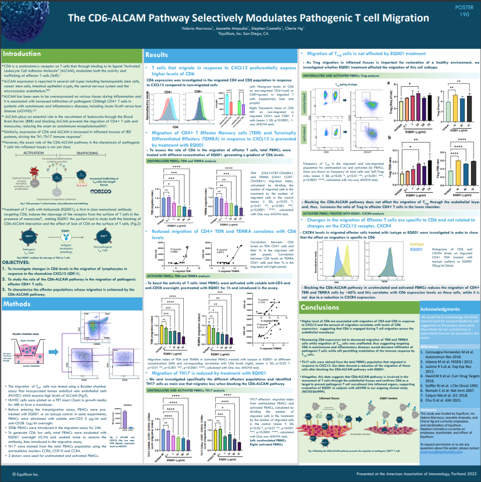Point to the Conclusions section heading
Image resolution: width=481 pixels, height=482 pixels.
(320, 307)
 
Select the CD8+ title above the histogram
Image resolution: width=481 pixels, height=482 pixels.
(198, 91)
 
